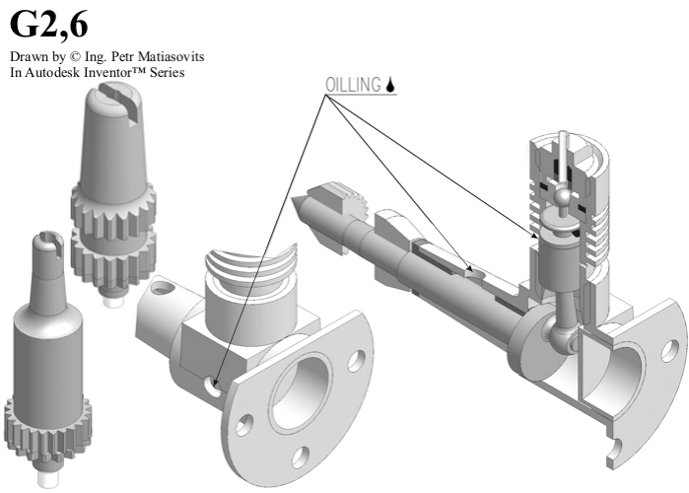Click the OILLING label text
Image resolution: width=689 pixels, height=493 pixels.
(x=353, y=85)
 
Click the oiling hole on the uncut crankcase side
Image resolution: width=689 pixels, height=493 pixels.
(x=213, y=387)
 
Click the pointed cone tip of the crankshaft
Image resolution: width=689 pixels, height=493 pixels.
(x=298, y=208)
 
